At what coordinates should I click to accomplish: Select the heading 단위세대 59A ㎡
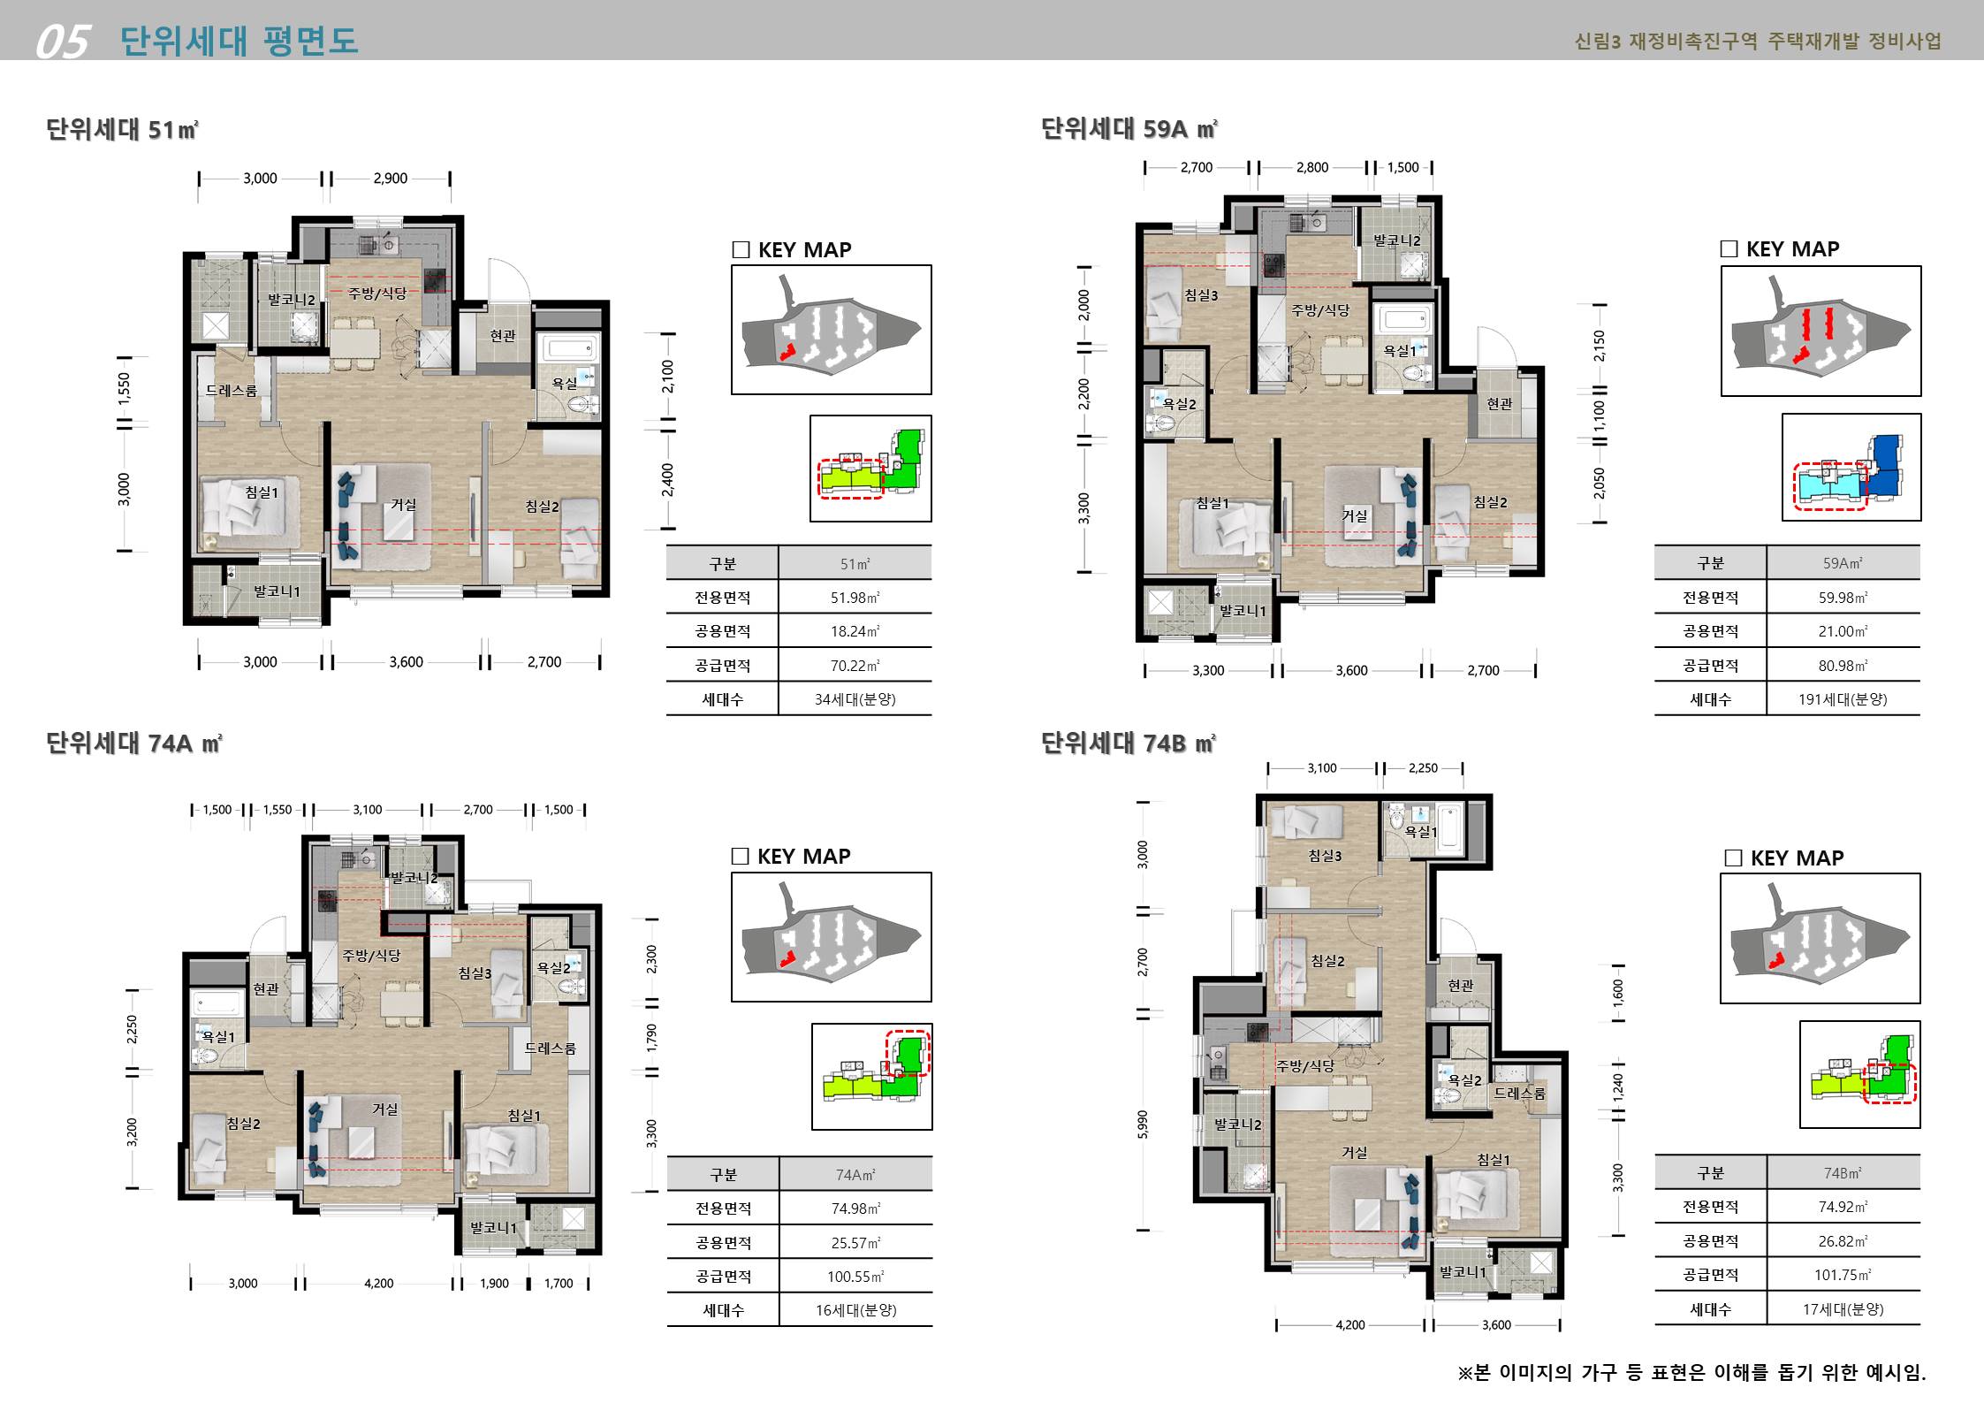(x=1129, y=129)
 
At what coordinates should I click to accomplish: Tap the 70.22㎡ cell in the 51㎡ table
(x=855, y=666)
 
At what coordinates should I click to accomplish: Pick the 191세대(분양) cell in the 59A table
(x=1843, y=699)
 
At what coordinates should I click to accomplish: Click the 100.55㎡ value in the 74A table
(x=855, y=1277)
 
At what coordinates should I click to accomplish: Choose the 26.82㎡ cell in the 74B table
(x=1843, y=1241)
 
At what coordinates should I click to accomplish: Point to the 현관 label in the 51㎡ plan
(x=503, y=336)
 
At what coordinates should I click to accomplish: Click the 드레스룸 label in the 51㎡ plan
(x=232, y=390)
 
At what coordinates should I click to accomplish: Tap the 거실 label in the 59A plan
(x=1355, y=515)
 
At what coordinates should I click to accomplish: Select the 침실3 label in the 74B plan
(x=1325, y=856)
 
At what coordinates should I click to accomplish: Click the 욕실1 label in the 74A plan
(x=219, y=1037)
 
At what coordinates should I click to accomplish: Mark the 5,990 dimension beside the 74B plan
(x=1143, y=1125)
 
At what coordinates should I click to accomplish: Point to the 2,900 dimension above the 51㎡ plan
(x=390, y=179)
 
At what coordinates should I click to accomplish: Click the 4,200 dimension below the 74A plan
(x=378, y=1284)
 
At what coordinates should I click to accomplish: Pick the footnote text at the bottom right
(x=1691, y=1372)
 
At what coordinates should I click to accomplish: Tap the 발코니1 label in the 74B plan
(x=1463, y=1271)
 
